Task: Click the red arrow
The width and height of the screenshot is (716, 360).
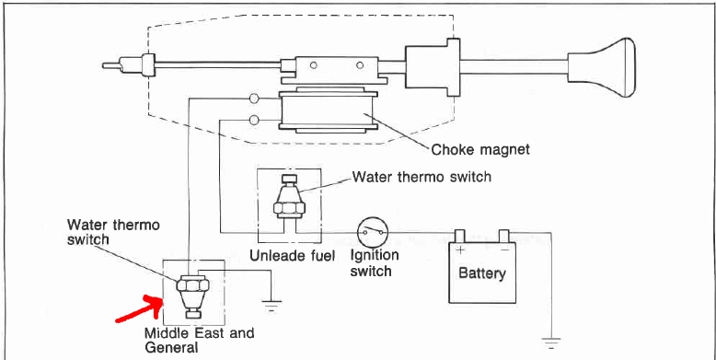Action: point(138,308)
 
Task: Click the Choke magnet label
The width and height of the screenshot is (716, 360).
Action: point(480,149)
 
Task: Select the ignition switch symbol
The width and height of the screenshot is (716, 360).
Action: point(372,233)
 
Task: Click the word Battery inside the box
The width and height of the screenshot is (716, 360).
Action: point(482,273)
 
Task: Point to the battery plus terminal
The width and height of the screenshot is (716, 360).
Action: point(460,237)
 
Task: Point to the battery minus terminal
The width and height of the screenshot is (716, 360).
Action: point(504,237)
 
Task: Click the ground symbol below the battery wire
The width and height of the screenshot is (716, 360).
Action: point(551,343)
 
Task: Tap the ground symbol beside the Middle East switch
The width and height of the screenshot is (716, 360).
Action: point(271,305)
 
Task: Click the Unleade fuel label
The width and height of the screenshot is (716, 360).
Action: point(293,255)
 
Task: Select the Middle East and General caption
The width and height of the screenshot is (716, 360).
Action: point(199,340)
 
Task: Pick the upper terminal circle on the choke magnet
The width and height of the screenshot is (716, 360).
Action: point(254,99)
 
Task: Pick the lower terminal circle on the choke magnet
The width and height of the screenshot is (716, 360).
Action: point(254,120)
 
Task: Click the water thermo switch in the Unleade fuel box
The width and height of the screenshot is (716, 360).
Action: point(289,200)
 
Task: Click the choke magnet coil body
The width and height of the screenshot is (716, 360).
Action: point(328,110)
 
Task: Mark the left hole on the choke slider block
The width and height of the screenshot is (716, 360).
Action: point(313,65)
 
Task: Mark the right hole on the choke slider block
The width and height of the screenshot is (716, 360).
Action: point(360,65)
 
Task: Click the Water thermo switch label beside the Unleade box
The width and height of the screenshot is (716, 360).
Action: point(422,177)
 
